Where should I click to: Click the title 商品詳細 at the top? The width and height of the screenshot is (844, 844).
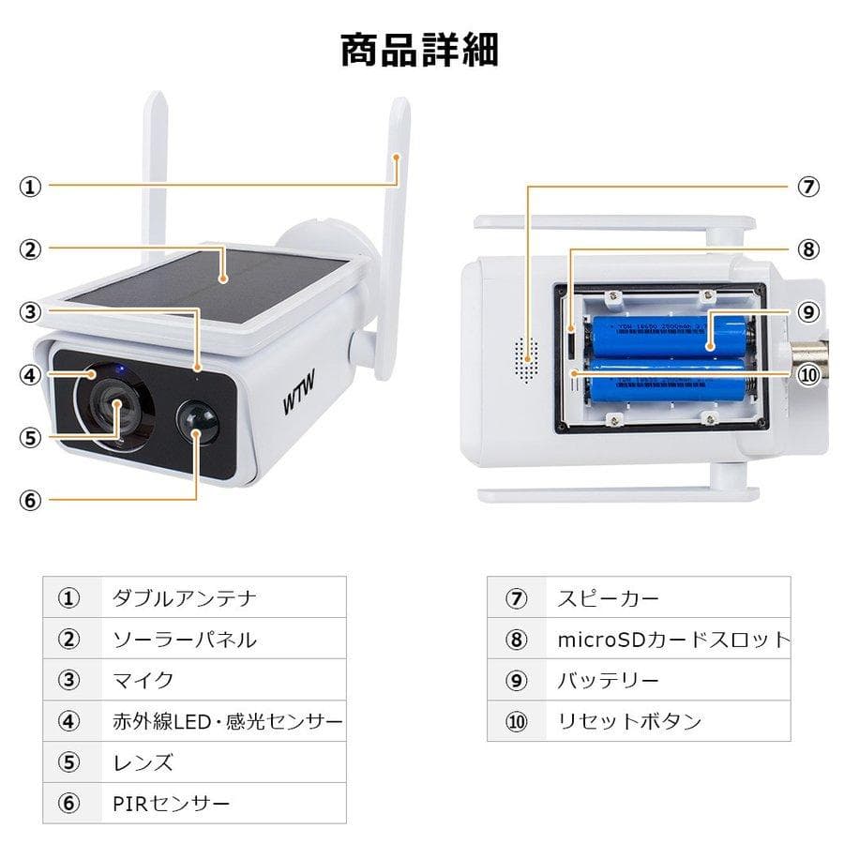tap(419, 50)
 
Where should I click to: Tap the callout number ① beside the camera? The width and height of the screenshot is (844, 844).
tap(31, 186)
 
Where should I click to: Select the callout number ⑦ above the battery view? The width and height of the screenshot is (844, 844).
tap(808, 186)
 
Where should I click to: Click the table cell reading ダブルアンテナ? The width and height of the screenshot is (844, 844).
tap(184, 597)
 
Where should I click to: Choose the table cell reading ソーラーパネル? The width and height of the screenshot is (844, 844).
tap(184, 640)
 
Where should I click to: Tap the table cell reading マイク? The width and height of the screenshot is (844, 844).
tap(143, 680)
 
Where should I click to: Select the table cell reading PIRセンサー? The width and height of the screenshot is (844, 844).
tap(171, 804)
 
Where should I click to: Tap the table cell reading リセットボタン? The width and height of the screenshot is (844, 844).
tap(629, 721)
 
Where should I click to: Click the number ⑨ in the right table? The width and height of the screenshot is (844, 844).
tap(517, 680)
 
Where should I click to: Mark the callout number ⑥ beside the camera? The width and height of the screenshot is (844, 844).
tap(31, 500)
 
